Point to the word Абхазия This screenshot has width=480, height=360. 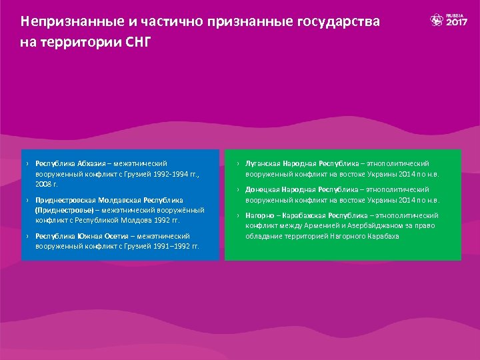[93, 163]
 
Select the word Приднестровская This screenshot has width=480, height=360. [65, 200]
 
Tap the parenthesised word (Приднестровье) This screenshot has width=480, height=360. [65, 209]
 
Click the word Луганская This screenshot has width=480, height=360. [263, 163]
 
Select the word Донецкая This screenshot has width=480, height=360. [262, 190]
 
